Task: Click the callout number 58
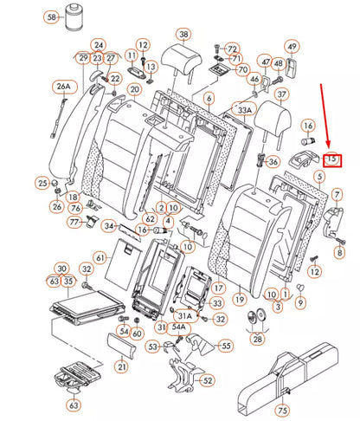52,17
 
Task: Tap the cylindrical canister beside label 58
75,16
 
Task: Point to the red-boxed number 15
332,160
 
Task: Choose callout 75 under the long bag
282,410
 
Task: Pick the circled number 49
292,46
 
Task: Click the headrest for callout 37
273,123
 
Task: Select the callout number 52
208,380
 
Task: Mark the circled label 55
226,346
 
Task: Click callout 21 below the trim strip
122,366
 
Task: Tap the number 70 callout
243,69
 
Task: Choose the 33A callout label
244,110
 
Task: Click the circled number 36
273,162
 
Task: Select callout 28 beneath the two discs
257,339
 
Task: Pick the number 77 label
74,222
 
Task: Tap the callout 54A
179,327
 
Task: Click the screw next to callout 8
339,241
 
